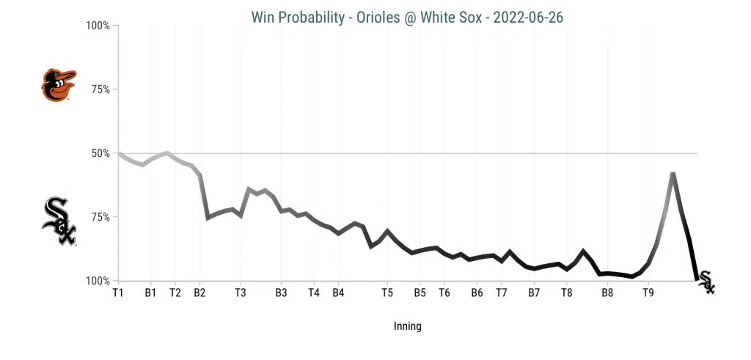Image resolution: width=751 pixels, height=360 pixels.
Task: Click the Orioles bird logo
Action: click(x=59, y=85)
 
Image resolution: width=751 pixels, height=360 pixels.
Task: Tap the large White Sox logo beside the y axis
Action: click(x=59, y=221)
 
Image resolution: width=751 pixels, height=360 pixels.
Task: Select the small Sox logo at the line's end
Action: click(x=706, y=282)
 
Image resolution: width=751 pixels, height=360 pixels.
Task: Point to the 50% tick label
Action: click(x=98, y=153)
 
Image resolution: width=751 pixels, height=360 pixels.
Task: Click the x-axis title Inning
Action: click(x=407, y=326)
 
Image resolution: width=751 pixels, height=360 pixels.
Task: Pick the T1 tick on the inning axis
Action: click(x=118, y=293)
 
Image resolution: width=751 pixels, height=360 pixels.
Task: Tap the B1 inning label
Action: click(x=150, y=293)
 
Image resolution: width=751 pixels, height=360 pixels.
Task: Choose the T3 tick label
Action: click(x=241, y=293)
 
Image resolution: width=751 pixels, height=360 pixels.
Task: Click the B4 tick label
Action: click(x=338, y=293)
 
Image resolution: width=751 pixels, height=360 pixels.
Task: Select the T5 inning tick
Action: click(x=387, y=293)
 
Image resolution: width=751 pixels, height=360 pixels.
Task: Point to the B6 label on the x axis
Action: click(x=477, y=293)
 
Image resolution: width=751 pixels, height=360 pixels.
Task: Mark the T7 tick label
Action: click(x=502, y=293)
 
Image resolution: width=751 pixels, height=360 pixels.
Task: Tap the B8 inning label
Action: click(x=607, y=293)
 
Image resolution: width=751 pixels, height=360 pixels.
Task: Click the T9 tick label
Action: click(x=648, y=293)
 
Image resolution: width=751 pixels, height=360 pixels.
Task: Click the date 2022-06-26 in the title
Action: click(x=528, y=17)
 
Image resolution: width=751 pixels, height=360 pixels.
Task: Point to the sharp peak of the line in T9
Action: click(x=673, y=174)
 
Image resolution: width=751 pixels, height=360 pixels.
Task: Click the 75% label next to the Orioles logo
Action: click(x=98, y=89)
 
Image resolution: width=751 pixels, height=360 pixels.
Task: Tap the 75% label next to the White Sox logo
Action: click(x=98, y=217)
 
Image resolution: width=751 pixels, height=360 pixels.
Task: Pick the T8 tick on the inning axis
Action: click(x=567, y=293)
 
